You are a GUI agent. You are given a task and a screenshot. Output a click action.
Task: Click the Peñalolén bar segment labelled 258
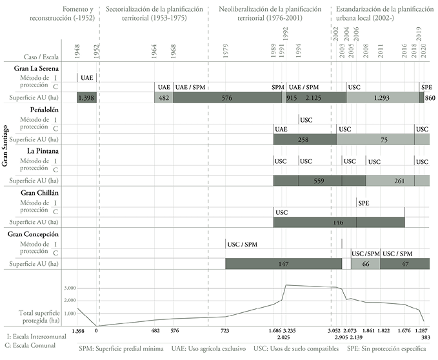click(x=304, y=139)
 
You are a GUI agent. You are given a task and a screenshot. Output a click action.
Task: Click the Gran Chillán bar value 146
click(x=338, y=222)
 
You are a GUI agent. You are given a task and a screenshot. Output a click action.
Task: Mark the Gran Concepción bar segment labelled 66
click(x=364, y=264)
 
